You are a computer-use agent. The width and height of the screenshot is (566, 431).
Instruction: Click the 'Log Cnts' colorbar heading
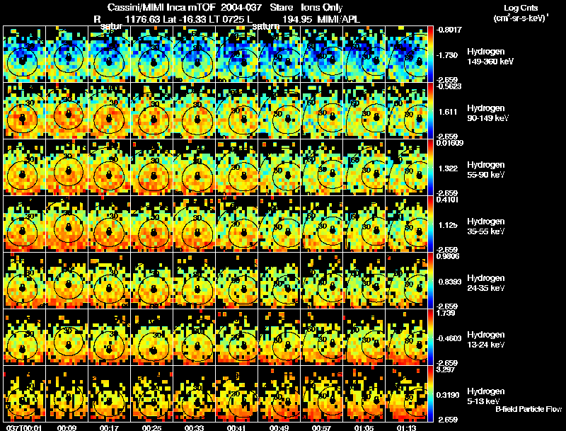(x=514, y=6)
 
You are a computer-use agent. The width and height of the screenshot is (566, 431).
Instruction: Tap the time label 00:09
(x=67, y=427)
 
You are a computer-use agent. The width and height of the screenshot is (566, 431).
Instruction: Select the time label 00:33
(x=194, y=427)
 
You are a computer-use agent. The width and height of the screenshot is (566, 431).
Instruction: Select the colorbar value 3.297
(x=450, y=369)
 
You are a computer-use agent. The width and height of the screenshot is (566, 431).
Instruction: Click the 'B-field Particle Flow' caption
(x=529, y=409)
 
